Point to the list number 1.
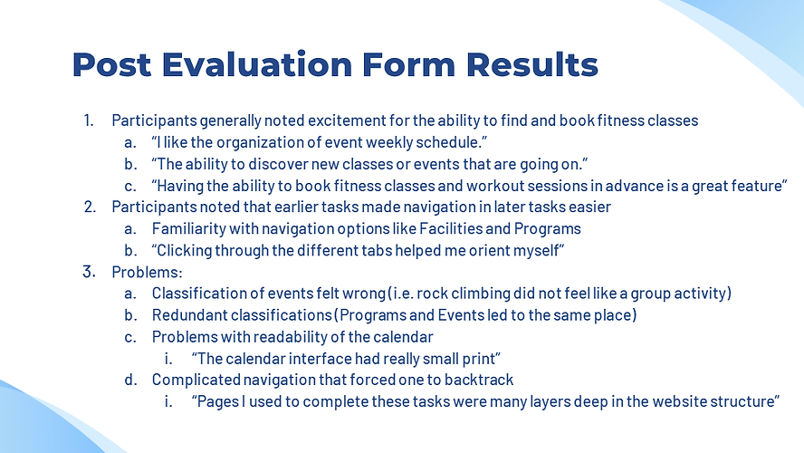pyautogui.click(x=88, y=120)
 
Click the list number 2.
pyautogui.click(x=89, y=207)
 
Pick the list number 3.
pyautogui.click(x=89, y=272)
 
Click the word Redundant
pyautogui.click(x=189, y=314)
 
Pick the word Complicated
pyautogui.click(x=192, y=380)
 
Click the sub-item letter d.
pyautogui.click(x=130, y=380)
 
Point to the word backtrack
pyautogui.click(x=483, y=380)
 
